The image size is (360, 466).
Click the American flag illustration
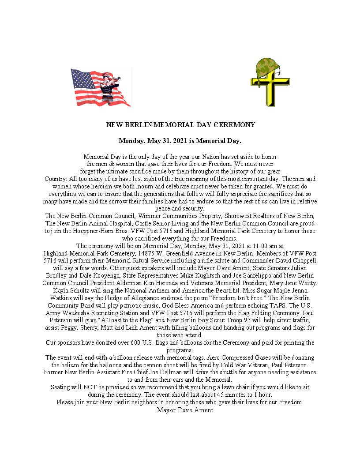coord(101,87)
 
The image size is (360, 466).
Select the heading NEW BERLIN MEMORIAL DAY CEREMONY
coord(180,125)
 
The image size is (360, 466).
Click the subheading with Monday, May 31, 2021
coord(180,141)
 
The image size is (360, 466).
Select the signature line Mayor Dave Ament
coord(185,410)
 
